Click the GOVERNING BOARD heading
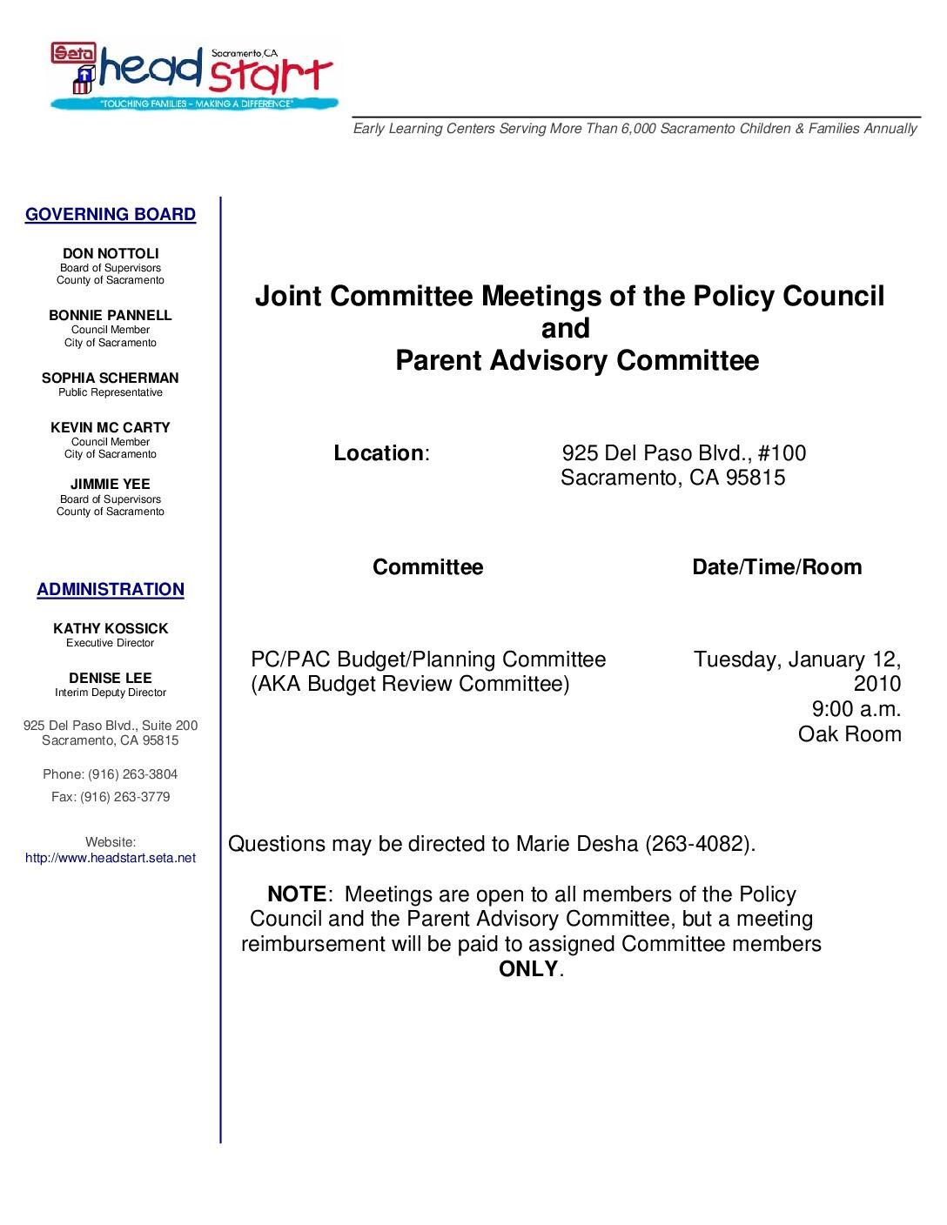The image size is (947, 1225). pos(111,214)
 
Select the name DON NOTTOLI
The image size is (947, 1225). pos(111,254)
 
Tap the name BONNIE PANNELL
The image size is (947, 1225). pos(111,316)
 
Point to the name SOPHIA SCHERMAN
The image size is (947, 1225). pos(111,378)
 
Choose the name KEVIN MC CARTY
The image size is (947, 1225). pos(111,428)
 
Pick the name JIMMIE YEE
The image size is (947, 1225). pos(111,485)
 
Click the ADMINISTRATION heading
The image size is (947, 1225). pos(111,589)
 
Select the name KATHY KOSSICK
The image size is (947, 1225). pos(111,629)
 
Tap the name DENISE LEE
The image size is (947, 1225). pos(111,679)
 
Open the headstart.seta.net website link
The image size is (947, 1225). pos(111,858)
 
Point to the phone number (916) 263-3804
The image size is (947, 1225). pos(133,774)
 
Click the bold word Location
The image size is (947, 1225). pos(379,453)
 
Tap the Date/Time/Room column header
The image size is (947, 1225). pos(776,567)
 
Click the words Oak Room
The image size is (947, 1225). pos(850,734)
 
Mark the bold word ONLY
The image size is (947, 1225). pos(528,969)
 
